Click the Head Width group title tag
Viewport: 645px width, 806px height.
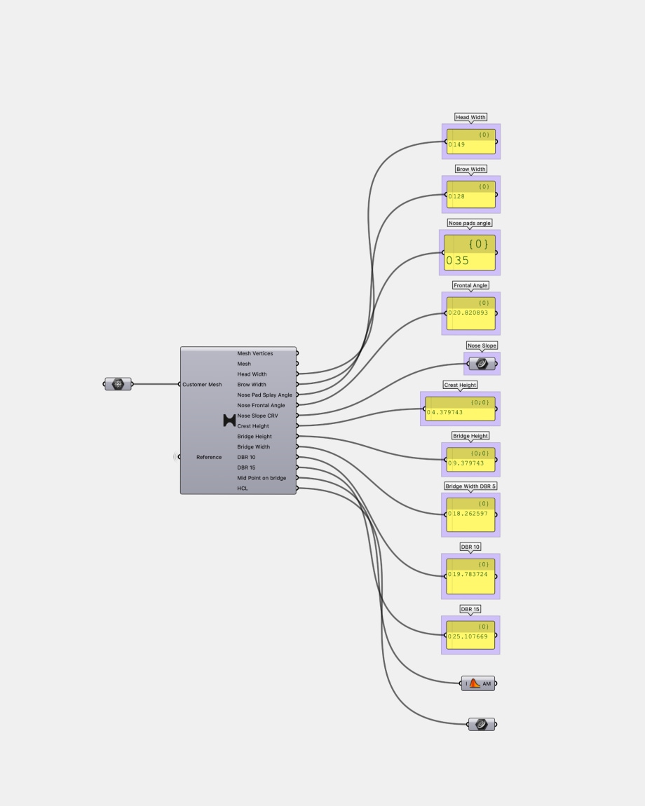pos(470,117)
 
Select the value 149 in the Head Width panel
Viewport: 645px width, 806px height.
pos(458,145)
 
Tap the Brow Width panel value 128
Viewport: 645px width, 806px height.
pos(458,197)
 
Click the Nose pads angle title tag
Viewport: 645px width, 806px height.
pos(470,223)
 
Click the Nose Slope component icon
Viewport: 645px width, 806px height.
pos(482,364)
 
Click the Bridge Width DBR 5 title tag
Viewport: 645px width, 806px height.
pos(470,486)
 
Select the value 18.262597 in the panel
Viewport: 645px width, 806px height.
pos(470,514)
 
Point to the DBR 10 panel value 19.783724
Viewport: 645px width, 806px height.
pos(470,575)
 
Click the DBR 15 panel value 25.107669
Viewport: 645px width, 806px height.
pos(470,637)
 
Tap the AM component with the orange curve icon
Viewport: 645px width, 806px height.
pos(478,683)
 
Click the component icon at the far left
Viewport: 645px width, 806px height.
pos(118,384)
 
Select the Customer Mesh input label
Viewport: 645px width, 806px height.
pos(202,385)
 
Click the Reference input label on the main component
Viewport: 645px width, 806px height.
pos(209,457)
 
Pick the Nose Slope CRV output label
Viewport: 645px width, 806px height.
pos(257,416)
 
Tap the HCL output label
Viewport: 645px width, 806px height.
pos(243,489)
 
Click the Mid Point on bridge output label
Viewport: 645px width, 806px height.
pos(262,478)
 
